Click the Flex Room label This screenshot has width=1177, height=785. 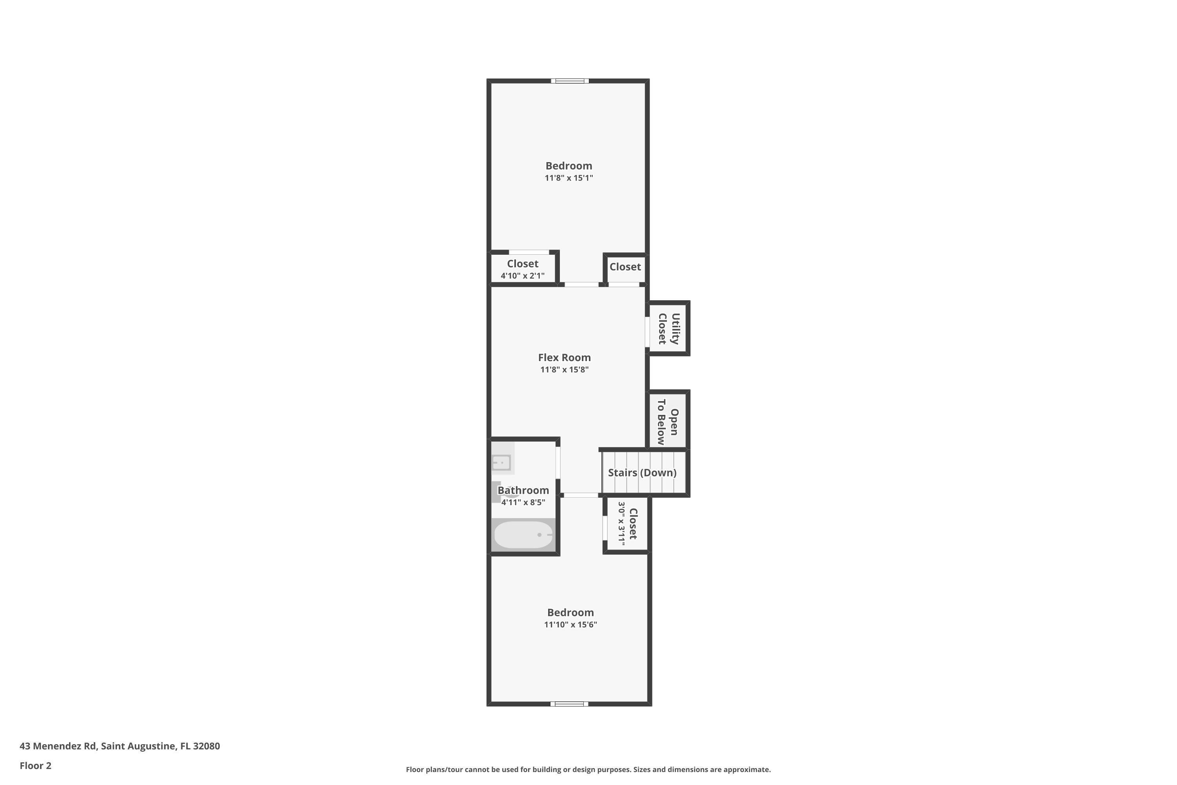564,358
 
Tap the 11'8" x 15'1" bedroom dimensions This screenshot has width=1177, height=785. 568,178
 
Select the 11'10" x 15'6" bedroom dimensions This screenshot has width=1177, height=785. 570,624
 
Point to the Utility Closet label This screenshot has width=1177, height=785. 669,329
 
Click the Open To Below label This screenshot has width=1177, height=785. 668,422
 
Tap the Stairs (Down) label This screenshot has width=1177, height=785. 642,473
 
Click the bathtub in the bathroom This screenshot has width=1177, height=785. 523,535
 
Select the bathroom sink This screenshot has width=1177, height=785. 501,462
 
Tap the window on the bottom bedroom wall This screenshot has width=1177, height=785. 570,704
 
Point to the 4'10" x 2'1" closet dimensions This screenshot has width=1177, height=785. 523,276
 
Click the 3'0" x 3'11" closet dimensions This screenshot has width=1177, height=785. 621,523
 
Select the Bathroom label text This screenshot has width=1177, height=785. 523,490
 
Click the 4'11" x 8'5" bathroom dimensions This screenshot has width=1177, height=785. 523,502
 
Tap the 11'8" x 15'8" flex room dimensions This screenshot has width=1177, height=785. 564,369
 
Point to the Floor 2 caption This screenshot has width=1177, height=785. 36,765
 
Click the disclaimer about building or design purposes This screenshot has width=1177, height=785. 588,769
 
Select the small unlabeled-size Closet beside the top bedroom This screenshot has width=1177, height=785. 625,267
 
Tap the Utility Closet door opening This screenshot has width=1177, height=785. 647,331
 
